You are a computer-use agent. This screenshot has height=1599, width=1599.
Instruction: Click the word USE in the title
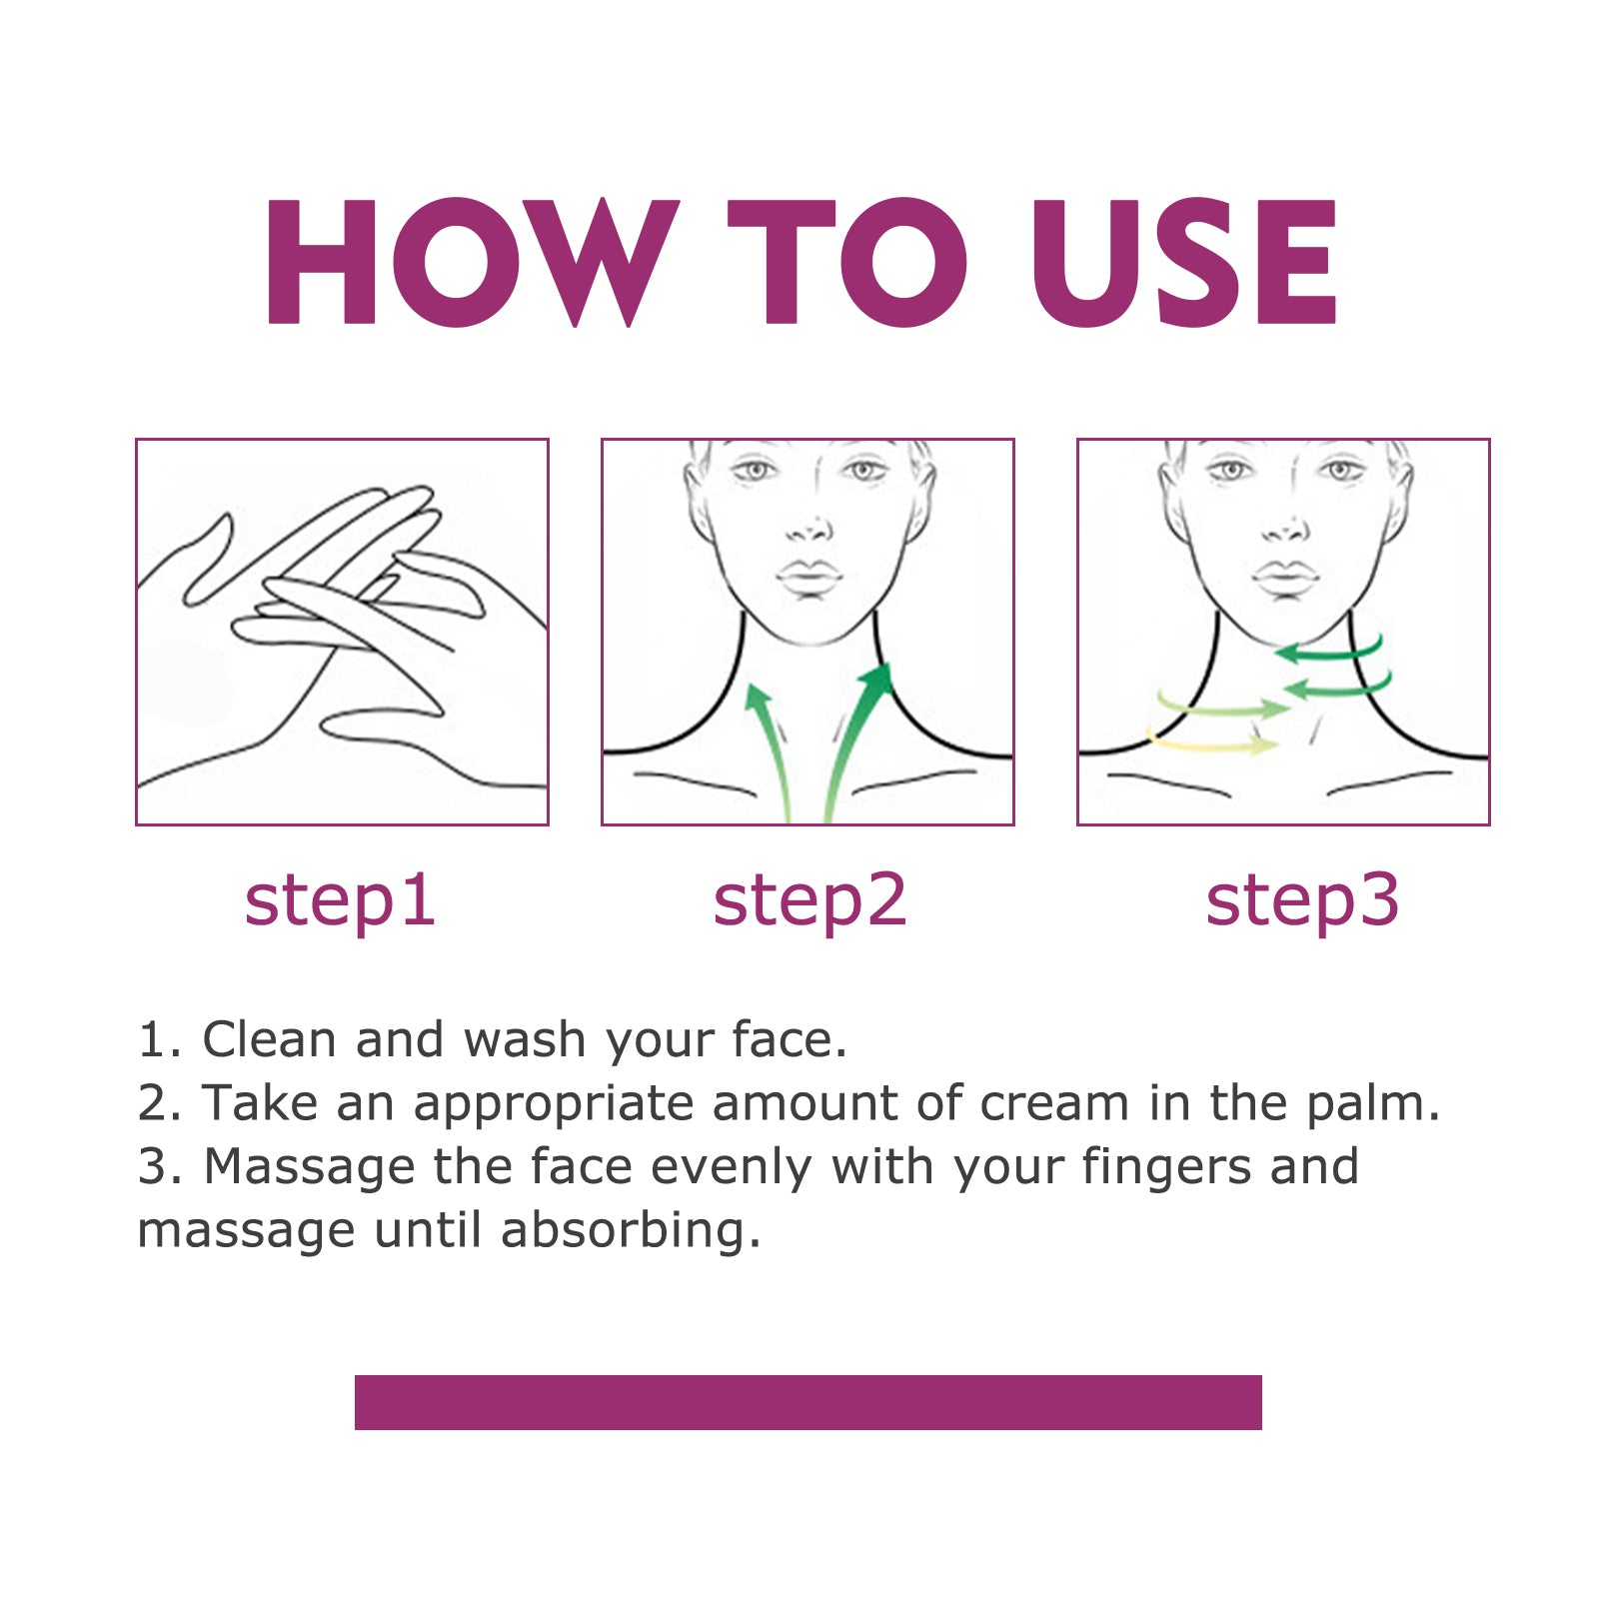click(1184, 262)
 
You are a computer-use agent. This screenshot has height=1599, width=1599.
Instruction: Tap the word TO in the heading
click(846, 262)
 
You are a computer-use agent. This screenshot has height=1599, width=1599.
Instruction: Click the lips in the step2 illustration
click(809, 578)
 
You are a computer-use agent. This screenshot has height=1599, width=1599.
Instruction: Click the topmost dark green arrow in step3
click(1329, 652)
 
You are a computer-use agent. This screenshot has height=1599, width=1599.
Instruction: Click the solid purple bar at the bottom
click(807, 1402)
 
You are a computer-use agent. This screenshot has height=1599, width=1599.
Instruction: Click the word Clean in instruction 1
click(269, 1039)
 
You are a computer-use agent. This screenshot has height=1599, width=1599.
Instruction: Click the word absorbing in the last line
click(630, 1231)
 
